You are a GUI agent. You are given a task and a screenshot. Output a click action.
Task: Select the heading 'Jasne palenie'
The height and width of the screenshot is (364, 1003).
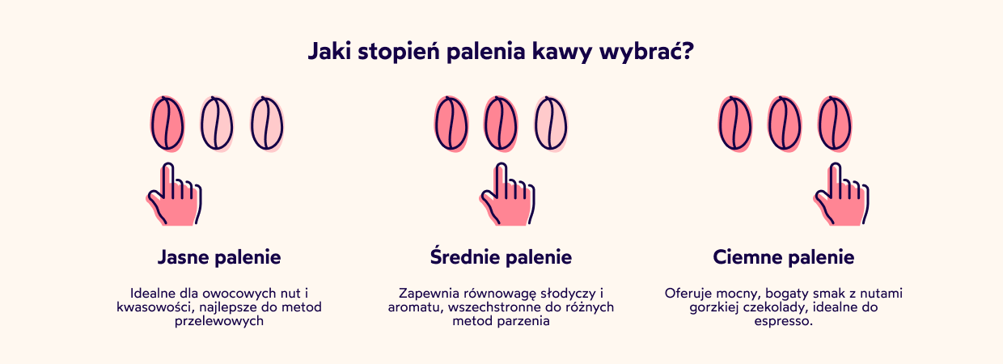click(x=219, y=258)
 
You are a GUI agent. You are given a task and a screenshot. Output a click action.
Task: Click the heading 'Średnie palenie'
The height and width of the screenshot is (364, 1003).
click(x=501, y=258)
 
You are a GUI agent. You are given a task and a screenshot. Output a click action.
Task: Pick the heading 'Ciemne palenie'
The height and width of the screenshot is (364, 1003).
click(x=784, y=258)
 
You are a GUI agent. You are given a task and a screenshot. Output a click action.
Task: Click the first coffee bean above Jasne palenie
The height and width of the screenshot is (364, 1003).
click(x=167, y=124)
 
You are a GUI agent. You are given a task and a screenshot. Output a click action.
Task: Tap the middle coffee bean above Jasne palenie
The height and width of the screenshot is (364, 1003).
click(x=217, y=124)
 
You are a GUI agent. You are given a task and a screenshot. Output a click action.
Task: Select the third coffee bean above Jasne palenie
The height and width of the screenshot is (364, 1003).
click(x=266, y=124)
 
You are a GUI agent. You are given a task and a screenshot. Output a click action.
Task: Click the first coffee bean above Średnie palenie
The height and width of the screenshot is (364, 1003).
click(x=451, y=124)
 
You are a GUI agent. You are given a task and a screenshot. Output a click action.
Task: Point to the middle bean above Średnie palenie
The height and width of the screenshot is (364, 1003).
click(x=501, y=124)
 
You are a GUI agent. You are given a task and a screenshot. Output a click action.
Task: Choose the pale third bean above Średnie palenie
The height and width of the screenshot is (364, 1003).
click(x=550, y=124)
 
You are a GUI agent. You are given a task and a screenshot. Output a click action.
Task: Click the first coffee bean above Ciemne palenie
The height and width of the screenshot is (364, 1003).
click(x=735, y=124)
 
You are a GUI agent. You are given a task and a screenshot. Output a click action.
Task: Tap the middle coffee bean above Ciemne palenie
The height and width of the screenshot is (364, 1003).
click(x=785, y=124)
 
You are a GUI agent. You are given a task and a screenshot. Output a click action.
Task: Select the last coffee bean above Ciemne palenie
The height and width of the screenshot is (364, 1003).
click(x=834, y=124)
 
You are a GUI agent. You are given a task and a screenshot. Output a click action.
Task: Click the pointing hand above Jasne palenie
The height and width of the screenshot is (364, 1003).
click(x=175, y=197)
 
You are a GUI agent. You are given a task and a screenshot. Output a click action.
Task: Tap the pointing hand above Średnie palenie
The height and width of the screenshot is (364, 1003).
click(x=507, y=197)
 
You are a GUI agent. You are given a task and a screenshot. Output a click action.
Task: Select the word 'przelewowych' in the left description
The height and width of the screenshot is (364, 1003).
click(x=219, y=322)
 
